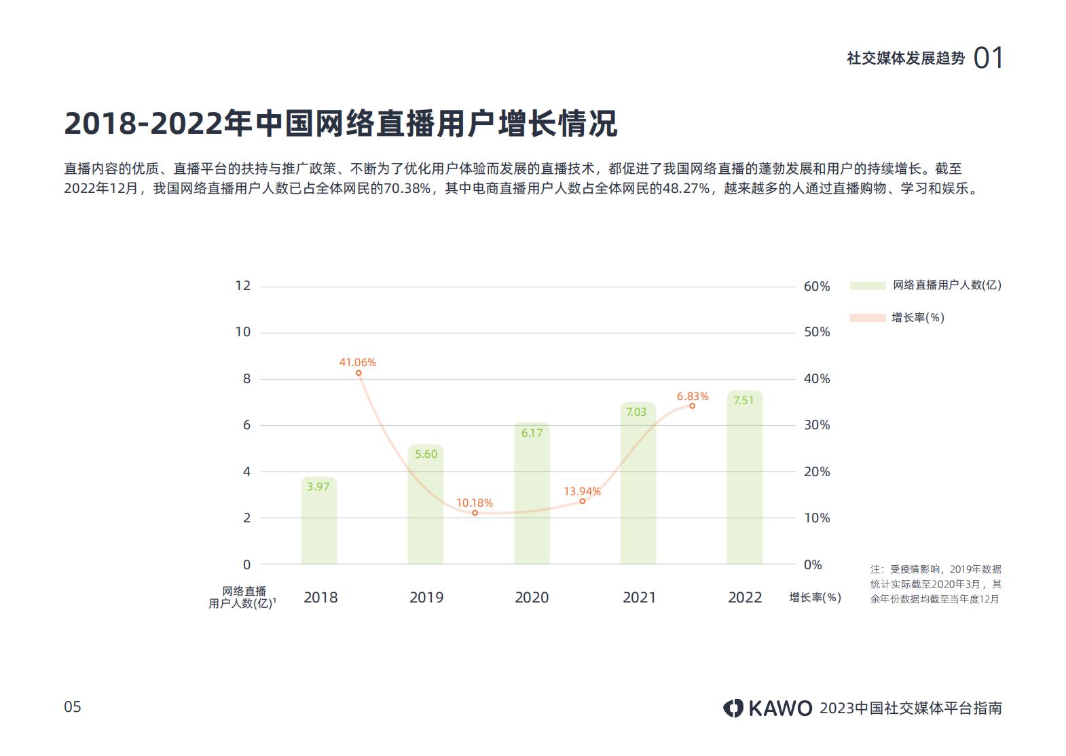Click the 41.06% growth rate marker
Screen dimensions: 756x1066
click(359, 373)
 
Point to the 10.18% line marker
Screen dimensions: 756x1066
click(475, 513)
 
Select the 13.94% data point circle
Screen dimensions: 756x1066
click(582, 501)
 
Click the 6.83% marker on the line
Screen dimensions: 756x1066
click(692, 406)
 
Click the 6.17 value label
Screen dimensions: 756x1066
click(532, 433)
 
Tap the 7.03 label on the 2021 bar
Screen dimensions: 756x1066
click(636, 412)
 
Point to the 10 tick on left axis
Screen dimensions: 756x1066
click(242, 332)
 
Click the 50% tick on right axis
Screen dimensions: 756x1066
click(817, 332)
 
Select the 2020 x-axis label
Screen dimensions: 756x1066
click(532, 598)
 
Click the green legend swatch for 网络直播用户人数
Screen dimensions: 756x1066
click(867, 286)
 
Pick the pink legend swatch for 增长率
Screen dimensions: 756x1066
click(867, 318)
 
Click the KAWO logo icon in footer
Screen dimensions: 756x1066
click(733, 708)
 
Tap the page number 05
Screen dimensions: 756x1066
click(73, 707)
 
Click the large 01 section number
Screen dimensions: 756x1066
click(988, 58)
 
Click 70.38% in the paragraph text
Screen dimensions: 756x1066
click(407, 189)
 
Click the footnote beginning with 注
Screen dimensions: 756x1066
click(936, 584)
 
